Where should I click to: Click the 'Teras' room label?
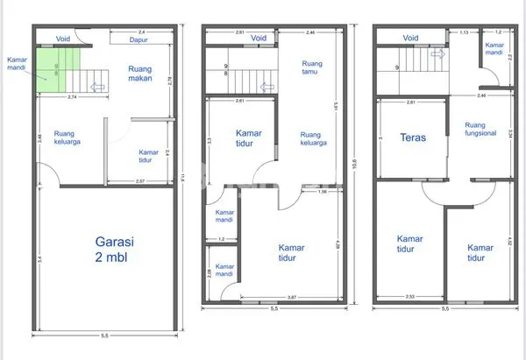pos(413,138)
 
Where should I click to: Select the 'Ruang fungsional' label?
pos(480,130)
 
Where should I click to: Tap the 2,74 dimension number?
pos(73,96)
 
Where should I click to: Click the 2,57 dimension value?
pos(139,181)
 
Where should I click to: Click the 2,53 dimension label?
pos(410,297)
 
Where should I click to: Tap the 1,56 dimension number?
pos(323,192)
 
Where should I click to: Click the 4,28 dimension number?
pos(338,247)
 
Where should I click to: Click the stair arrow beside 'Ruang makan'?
pos(98,87)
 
